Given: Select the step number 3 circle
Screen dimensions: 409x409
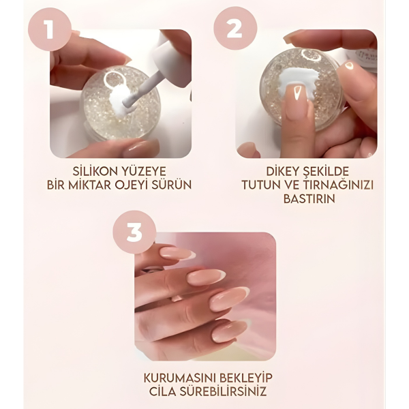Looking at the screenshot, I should [x=134, y=232].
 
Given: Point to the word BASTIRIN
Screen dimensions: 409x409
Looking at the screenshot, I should [x=306, y=200].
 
